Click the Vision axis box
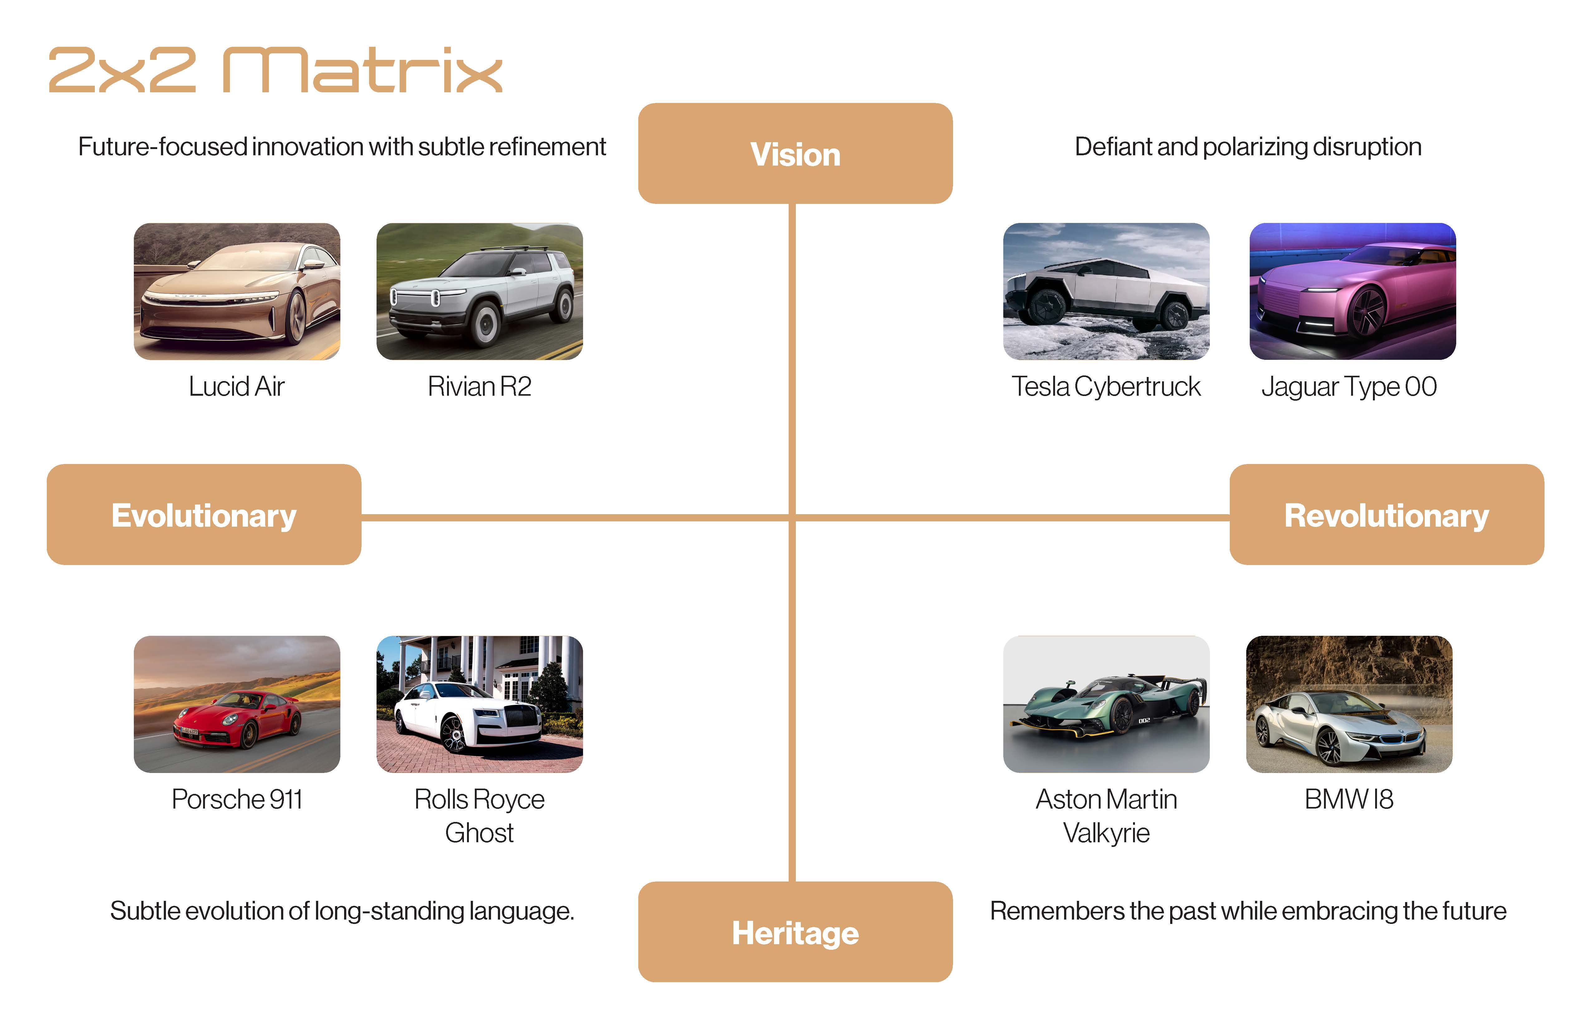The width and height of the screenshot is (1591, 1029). coord(795,154)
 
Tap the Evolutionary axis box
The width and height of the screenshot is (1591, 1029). coord(204,515)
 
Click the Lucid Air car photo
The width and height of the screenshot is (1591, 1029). coord(237,291)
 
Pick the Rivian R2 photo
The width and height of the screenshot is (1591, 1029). coord(479,291)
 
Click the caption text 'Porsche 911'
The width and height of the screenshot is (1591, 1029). coord(237,799)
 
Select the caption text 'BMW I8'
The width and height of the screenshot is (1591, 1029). coord(1349,799)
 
